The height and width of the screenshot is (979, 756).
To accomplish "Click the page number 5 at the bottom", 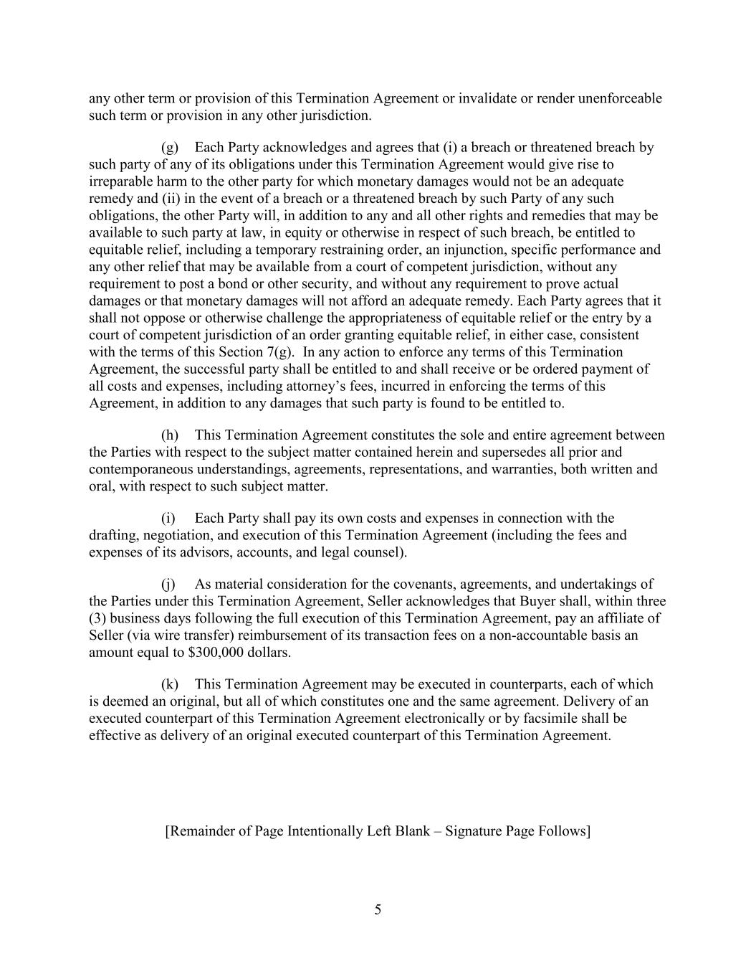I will (x=378, y=910).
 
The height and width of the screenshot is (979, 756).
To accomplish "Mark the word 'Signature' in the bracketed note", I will (x=474, y=832).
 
